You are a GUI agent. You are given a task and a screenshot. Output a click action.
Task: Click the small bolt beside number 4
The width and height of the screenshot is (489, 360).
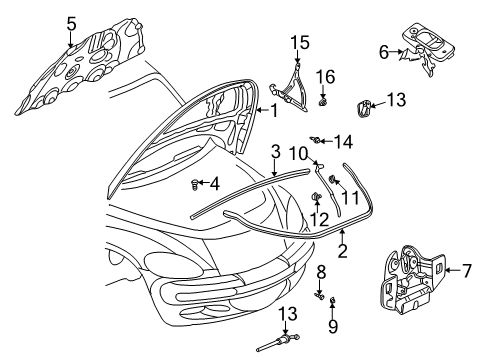(194, 184)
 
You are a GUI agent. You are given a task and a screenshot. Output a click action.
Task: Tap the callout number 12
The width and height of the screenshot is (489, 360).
(318, 220)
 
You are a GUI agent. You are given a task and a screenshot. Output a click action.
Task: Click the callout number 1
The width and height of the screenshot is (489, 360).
(271, 113)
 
